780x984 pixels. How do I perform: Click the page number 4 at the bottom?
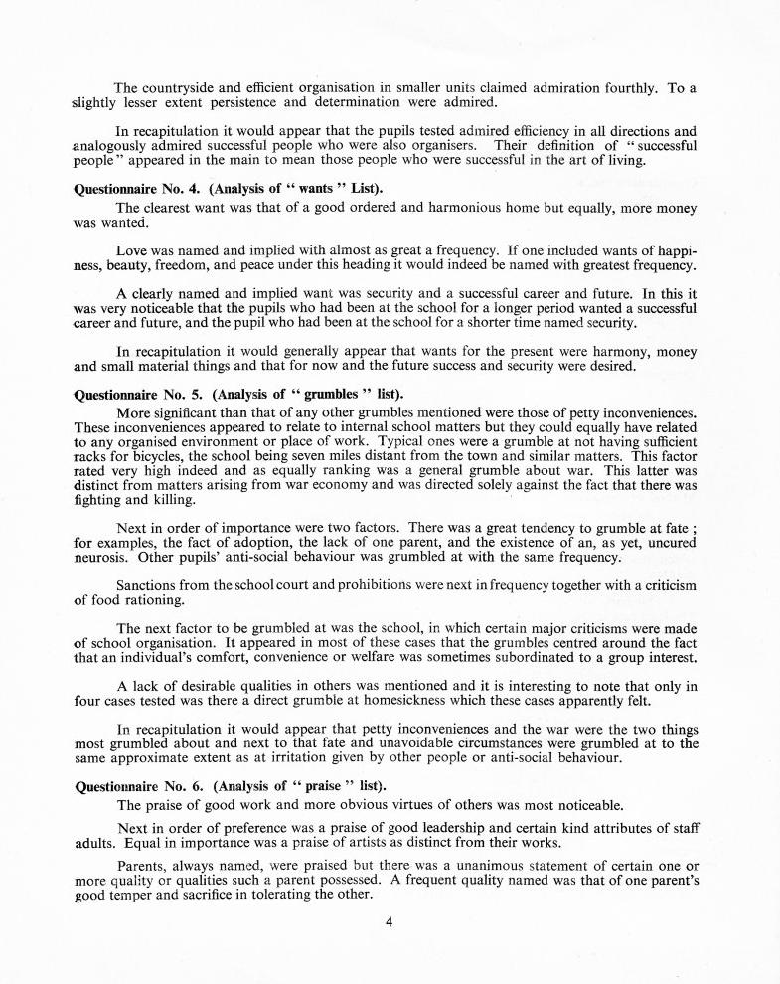pos(390,921)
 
